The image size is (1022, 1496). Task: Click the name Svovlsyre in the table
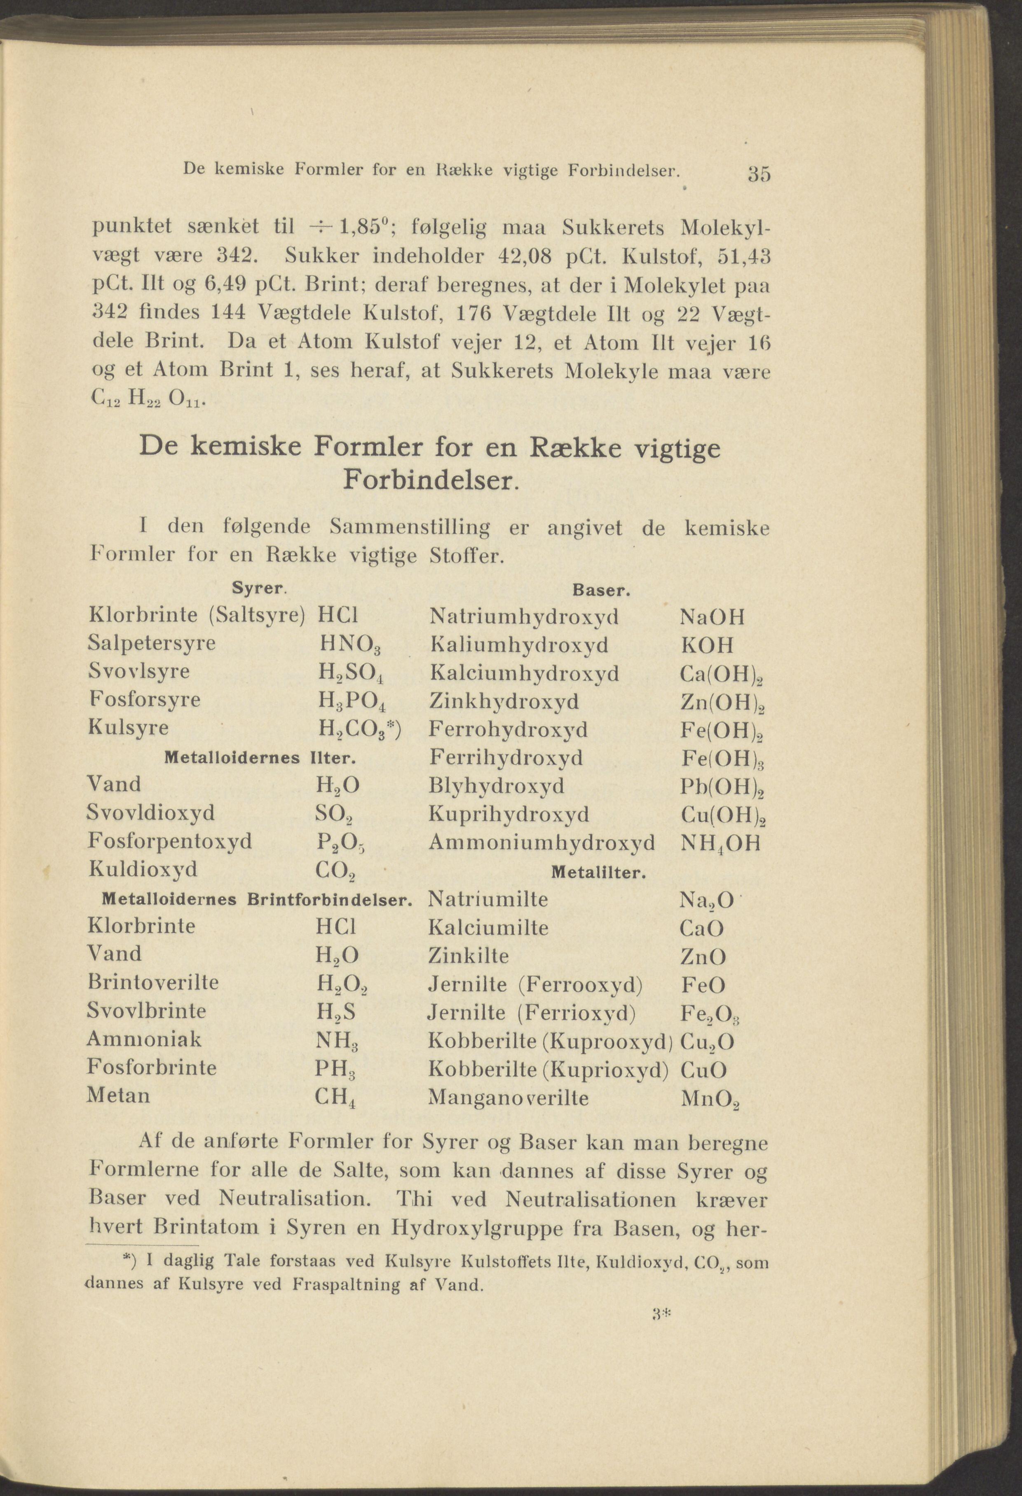click(138, 671)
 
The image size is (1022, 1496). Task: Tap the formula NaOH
click(712, 617)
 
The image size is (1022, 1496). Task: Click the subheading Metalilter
click(598, 873)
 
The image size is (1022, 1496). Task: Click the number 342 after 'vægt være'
click(237, 255)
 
